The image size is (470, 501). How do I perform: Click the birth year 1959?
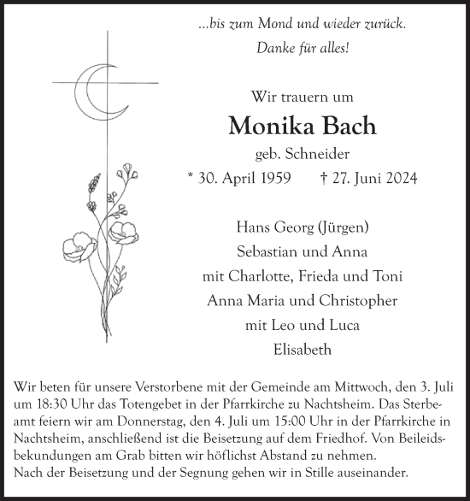coord(273,179)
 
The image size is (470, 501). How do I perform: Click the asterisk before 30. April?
coord(190,180)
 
